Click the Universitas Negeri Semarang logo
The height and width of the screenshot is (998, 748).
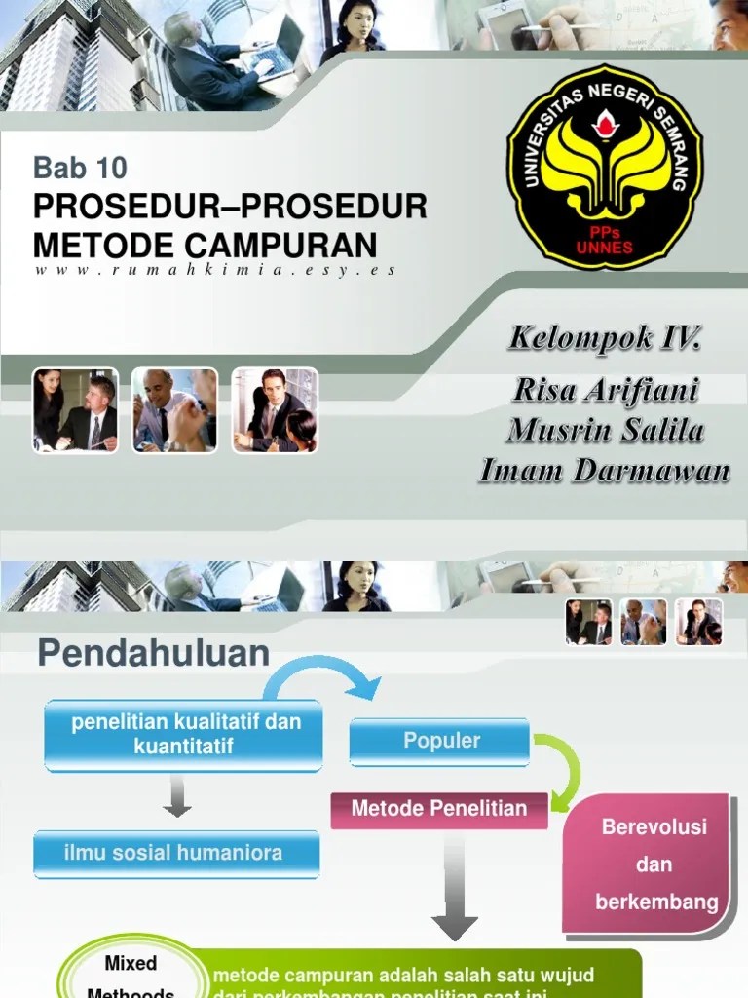point(604,168)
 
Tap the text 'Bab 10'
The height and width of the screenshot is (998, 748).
point(80,168)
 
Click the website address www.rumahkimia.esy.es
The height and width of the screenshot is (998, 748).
point(214,270)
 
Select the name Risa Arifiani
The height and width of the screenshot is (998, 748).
point(606,390)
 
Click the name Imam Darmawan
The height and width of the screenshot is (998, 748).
point(605,471)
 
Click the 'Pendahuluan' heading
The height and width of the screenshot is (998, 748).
point(154,654)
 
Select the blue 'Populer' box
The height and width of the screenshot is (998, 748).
point(440,741)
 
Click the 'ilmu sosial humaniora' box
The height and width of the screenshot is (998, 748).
point(175,853)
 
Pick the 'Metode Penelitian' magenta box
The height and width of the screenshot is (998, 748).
point(439,808)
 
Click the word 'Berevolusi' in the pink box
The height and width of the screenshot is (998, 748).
point(654,827)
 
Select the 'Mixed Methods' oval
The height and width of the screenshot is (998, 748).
point(131,975)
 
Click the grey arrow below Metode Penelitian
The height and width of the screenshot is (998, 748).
point(453,887)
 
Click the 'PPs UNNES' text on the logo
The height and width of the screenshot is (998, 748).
point(604,241)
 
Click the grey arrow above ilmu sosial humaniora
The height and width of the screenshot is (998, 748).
point(177,795)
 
